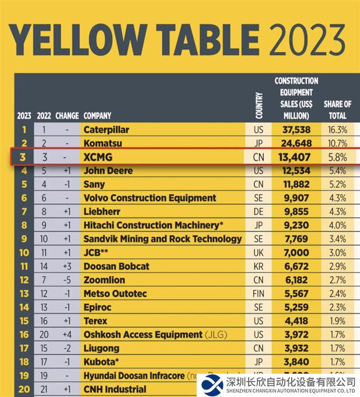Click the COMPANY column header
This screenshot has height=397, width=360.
97,116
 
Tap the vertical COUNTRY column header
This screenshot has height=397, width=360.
259,105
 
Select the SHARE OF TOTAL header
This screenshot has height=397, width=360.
337,110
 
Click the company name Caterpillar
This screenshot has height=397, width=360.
106,130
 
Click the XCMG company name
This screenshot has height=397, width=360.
98,157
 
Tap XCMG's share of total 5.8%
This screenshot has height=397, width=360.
337,157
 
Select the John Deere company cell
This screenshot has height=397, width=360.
108,170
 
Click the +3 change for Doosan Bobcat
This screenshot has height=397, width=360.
67,266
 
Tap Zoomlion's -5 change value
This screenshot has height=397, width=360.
67,280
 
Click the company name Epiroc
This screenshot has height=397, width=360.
99,307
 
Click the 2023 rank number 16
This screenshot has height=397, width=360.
24,335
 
